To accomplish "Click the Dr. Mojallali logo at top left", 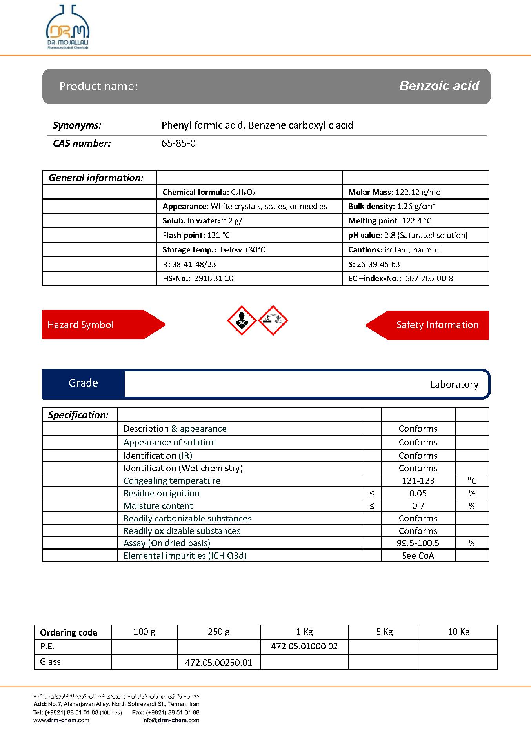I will point(68,27).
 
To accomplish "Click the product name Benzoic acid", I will point(439,86).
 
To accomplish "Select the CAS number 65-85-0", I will point(178,143).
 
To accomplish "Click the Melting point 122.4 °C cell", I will point(389,221).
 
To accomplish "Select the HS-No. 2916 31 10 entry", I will point(198,278).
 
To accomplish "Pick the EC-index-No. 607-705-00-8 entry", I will point(400,278).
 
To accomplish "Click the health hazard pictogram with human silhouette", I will point(242,320).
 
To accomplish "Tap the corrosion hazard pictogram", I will point(273,320).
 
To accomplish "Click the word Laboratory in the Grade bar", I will point(454,385).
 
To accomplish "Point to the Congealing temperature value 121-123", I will point(418,481).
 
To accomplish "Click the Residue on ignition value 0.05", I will point(418,493).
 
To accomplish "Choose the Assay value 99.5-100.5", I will point(418,543).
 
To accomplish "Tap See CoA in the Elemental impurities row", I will point(418,556).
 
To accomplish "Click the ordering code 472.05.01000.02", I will point(304,646).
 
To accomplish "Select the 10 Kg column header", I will point(458,632).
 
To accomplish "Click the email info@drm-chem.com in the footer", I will point(171,720).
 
